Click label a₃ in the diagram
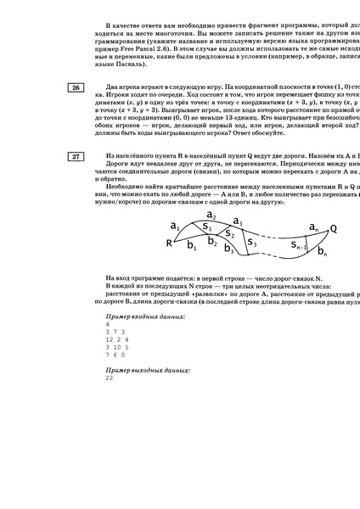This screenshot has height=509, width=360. (239, 222)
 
